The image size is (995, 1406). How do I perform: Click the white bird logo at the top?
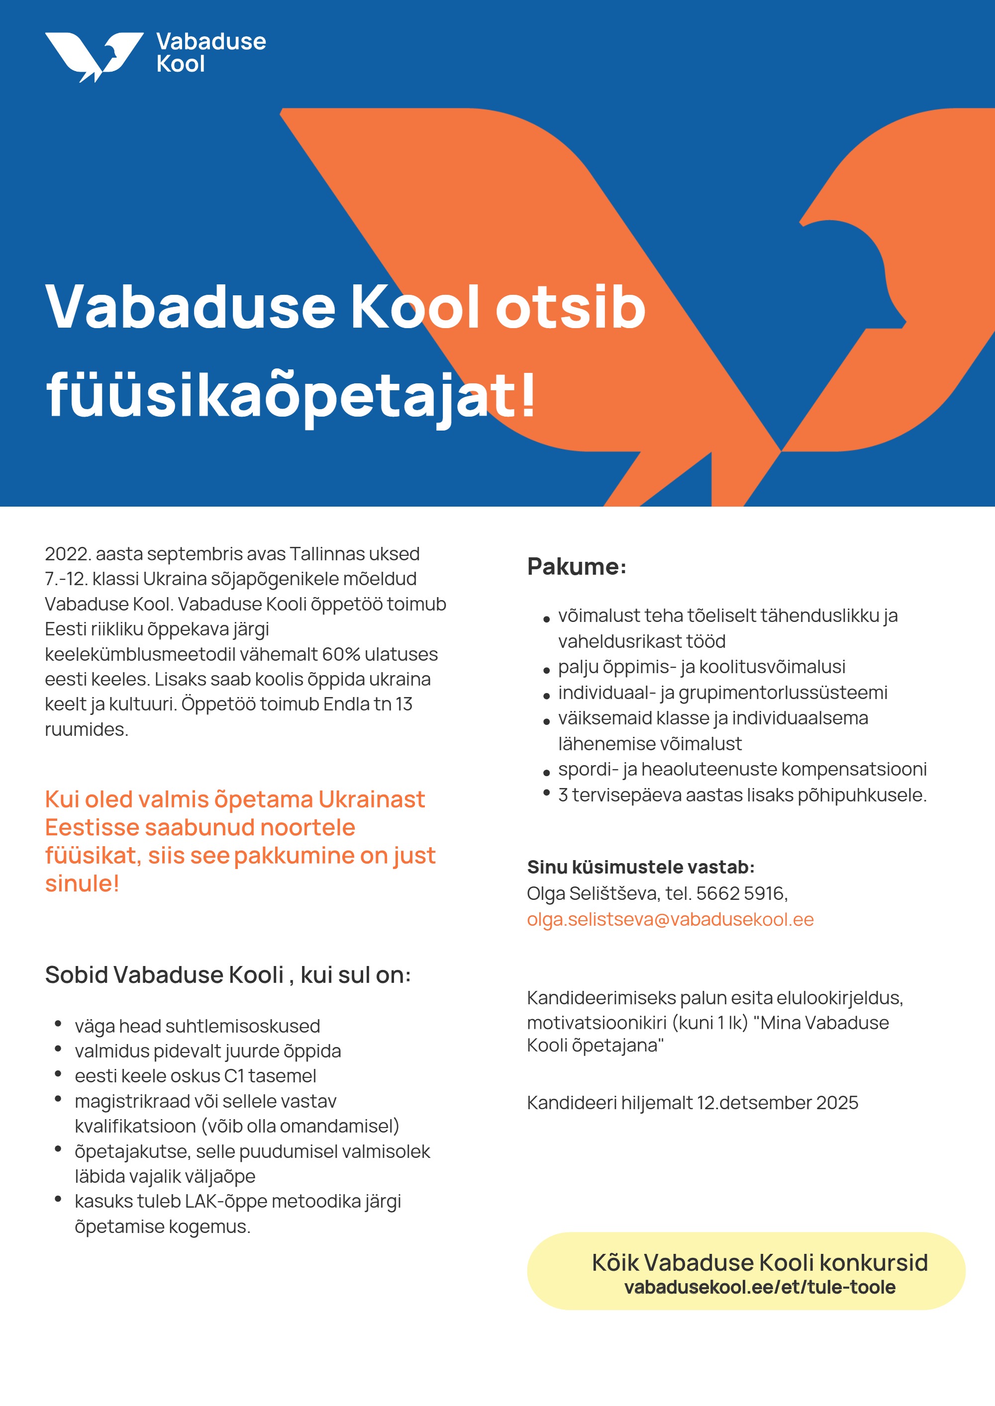93,56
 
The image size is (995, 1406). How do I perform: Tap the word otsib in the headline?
570,307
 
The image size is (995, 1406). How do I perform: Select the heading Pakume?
577,566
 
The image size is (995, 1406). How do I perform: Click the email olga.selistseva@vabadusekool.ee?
670,919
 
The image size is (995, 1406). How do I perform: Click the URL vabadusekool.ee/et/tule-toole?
760,1287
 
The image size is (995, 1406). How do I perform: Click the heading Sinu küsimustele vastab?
641,867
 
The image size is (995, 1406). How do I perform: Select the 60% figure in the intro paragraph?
341,654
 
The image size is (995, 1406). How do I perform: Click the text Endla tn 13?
368,704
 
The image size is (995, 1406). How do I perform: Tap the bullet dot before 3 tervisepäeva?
546,793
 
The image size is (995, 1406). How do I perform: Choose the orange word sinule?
82,883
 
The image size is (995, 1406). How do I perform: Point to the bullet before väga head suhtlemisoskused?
58,1024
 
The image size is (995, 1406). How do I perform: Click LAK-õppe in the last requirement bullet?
225,1202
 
